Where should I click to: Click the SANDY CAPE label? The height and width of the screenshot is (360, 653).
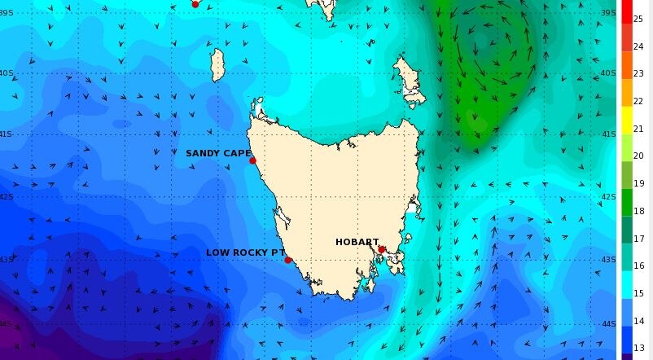click(218, 153)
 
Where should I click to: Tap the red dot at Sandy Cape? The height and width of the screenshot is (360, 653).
click(252, 160)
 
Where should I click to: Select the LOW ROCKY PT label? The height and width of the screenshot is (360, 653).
click(243, 252)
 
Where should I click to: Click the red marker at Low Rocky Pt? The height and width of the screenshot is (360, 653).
click(287, 260)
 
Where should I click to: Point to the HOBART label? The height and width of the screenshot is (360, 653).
click(357, 242)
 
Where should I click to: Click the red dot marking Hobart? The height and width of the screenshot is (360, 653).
click(381, 249)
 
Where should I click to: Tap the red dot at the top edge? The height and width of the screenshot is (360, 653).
click(195, 3)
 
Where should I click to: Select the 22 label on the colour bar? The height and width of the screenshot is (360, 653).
click(638, 100)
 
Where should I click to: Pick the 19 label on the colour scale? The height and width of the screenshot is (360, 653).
click(638, 182)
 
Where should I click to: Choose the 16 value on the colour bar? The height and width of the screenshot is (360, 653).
click(638, 266)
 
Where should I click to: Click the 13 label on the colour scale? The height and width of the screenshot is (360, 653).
click(638, 348)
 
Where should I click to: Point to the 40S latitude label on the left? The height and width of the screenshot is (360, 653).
click(6, 73)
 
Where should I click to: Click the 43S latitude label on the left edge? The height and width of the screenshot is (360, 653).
click(6, 260)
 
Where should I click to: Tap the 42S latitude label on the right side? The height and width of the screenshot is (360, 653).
click(608, 197)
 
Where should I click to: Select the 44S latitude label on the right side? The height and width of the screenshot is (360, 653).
click(608, 323)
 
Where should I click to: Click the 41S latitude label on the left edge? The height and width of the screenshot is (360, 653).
click(6, 134)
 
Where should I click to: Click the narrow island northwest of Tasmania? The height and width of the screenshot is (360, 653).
click(217, 65)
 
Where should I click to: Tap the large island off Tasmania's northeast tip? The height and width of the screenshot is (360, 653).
click(410, 81)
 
